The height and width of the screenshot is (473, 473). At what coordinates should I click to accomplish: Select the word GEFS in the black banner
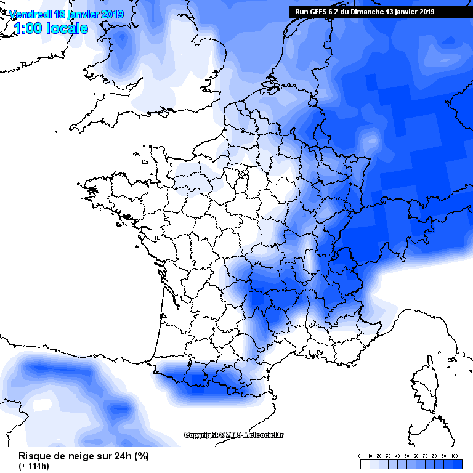click(319, 12)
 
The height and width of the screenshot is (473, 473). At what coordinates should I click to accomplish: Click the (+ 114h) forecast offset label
click(33, 466)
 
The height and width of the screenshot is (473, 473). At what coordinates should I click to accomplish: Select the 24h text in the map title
click(121, 456)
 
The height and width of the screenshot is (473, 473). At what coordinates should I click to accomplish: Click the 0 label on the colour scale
click(360, 455)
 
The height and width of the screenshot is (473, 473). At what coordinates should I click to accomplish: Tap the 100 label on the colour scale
click(455, 455)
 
